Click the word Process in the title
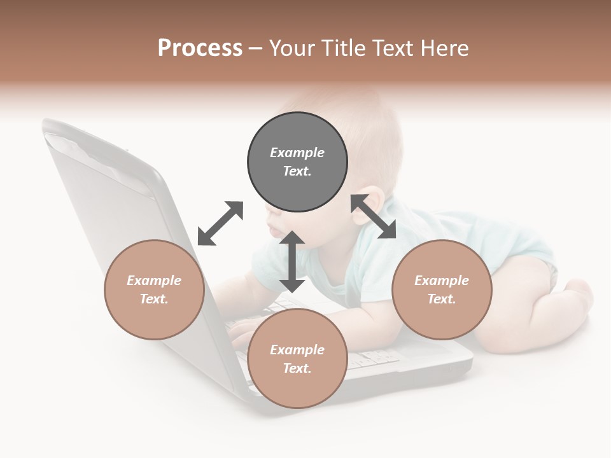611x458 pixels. coord(200,48)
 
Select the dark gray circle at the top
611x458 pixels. coord(297,162)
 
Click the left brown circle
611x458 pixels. coord(154,289)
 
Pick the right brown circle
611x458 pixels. coord(442,289)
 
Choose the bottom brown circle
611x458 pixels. coord(297,358)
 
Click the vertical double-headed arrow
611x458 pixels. coord(292,261)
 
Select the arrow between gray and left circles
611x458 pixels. coord(220,223)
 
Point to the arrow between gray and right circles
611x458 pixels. coord(373,216)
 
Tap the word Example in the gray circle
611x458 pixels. coord(297,153)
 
